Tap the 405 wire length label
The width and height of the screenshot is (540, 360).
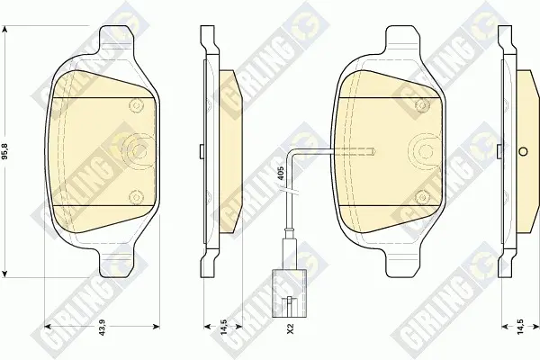[280, 171]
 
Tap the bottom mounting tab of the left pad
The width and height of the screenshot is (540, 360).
[116, 263]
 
